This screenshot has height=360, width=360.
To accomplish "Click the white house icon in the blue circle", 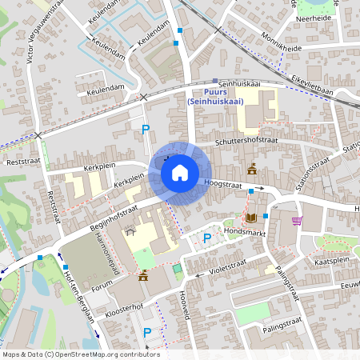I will pyautogui.click(x=180, y=172).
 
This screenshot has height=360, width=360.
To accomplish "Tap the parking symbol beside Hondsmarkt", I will pyautogui.click(x=207, y=238).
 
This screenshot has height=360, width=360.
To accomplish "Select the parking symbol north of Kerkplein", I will pyautogui.click(x=145, y=129).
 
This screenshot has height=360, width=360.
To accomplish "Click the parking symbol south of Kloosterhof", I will pyautogui.click(x=146, y=332).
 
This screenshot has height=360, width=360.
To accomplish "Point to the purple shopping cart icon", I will pyautogui.click(x=297, y=221).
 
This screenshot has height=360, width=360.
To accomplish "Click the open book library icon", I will pyautogui.click(x=251, y=218).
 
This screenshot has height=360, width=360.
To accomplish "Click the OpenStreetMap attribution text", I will pyautogui.click(x=80, y=354).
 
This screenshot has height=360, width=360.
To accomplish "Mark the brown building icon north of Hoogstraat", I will pyautogui.click(x=252, y=170).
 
